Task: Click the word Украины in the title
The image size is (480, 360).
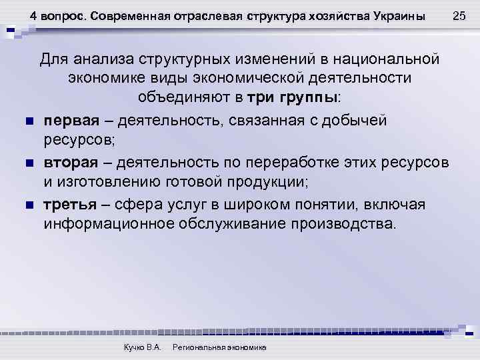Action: (x=400, y=15)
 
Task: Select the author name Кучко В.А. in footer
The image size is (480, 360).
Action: (x=143, y=347)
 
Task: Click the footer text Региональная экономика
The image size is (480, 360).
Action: (x=219, y=347)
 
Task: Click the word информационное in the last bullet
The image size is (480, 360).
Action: (x=107, y=224)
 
